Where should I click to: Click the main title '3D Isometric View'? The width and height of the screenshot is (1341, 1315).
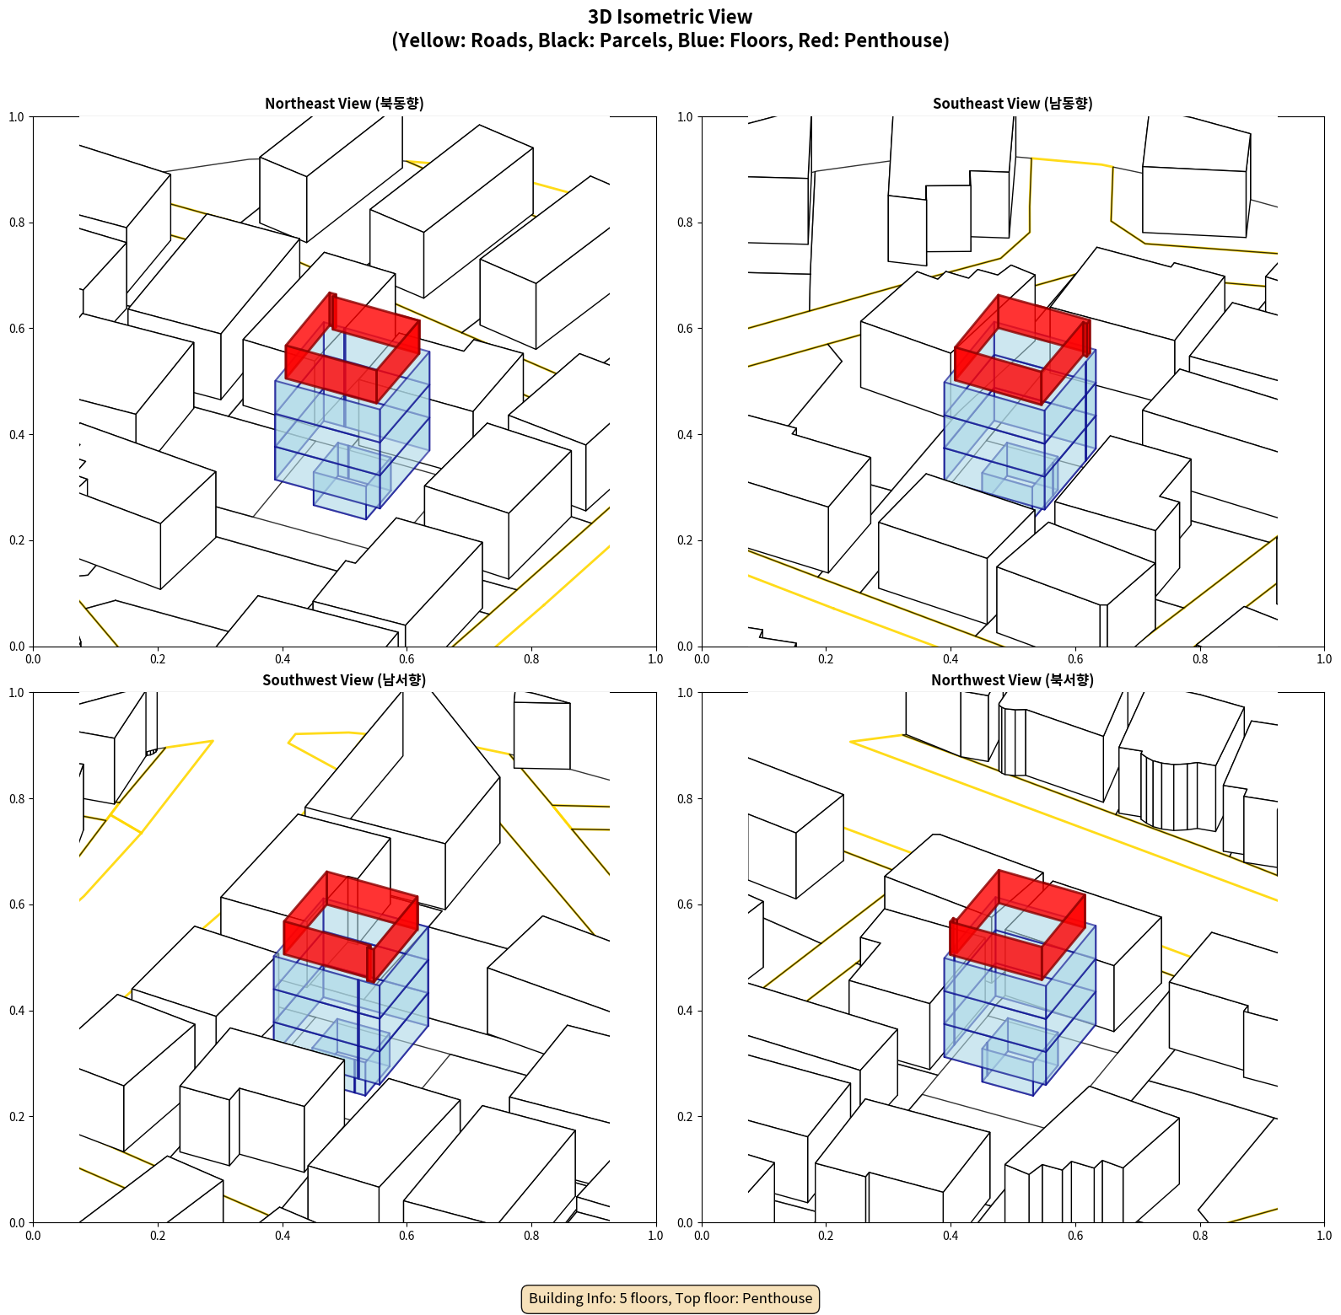[x=670, y=17]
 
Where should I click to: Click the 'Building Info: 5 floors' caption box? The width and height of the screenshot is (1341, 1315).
[x=670, y=1298]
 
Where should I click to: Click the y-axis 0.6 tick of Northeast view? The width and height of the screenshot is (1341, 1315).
[x=17, y=329]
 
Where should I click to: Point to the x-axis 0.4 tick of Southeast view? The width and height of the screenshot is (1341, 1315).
[x=951, y=658]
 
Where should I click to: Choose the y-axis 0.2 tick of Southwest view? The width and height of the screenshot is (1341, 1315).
[x=17, y=1117]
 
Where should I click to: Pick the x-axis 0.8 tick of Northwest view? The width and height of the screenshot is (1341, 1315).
[x=1200, y=1235]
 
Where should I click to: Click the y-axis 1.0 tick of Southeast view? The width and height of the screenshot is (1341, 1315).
[x=686, y=117]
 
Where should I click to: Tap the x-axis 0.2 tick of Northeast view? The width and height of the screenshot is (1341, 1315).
[x=158, y=658]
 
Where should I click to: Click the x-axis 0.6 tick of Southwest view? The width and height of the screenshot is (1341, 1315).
[x=407, y=1235]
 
